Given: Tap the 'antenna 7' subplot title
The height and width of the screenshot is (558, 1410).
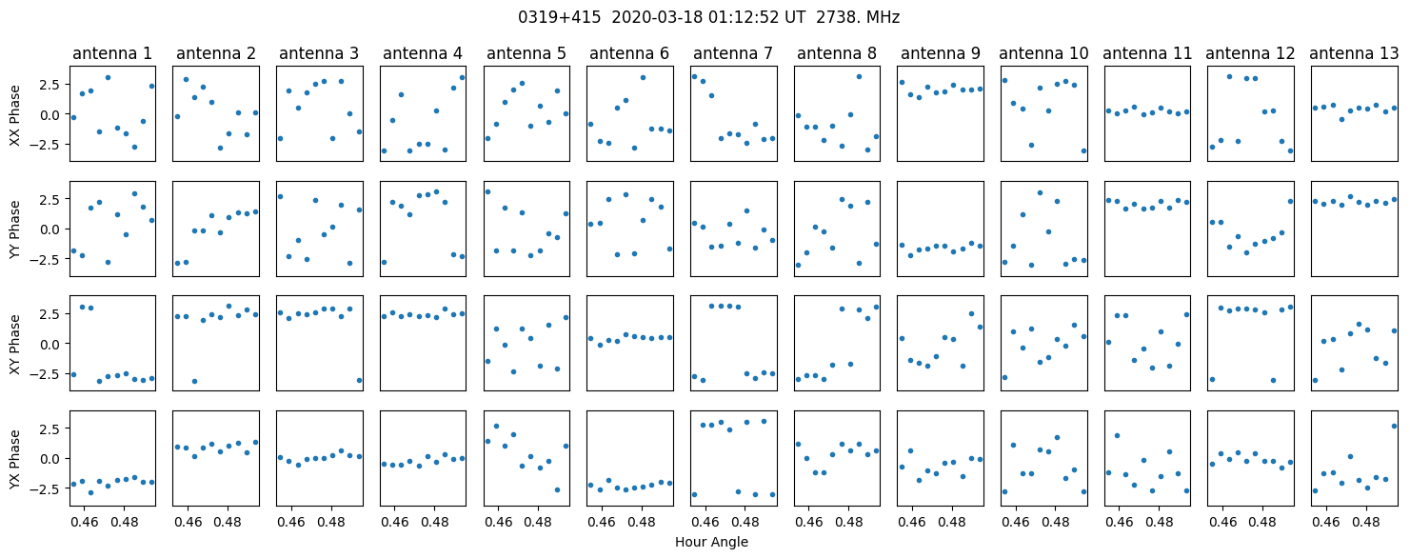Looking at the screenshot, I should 733,53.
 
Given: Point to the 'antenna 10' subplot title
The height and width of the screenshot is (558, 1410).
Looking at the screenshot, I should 1043,53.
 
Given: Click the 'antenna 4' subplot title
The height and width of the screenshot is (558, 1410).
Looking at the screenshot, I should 423,53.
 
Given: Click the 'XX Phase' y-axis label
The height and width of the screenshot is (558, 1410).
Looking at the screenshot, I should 14,114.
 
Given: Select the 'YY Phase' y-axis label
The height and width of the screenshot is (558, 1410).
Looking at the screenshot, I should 14,229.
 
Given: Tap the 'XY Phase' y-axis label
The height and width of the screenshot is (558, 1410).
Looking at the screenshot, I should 14,344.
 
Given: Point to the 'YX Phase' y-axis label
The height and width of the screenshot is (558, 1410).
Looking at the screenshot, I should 14,459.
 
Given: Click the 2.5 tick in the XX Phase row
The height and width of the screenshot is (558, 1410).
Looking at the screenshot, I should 50,85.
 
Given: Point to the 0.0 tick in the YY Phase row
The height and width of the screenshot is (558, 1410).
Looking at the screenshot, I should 50,229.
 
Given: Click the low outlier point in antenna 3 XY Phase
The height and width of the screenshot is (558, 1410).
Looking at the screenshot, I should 359,380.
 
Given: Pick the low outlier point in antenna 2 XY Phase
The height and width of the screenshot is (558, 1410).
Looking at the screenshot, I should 194,381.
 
